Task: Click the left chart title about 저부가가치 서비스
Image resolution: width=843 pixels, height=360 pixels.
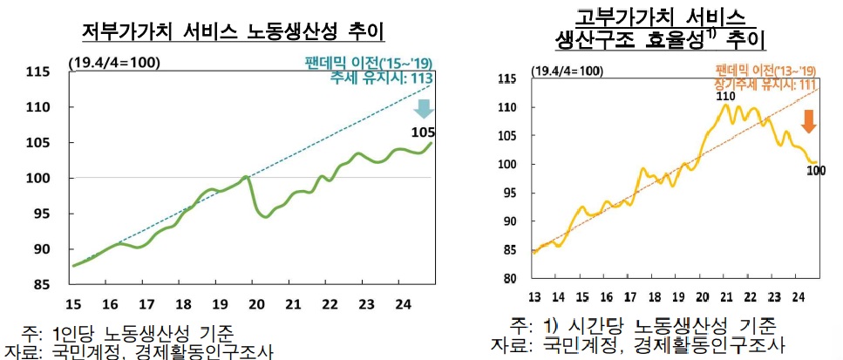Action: [x=234, y=31]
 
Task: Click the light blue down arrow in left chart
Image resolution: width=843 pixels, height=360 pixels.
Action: [x=424, y=109]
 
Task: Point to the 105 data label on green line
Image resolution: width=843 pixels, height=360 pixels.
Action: [x=423, y=132]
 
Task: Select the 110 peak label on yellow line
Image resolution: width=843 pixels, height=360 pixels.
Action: [x=725, y=96]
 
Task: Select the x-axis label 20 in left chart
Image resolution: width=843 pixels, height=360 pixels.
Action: [x=255, y=303]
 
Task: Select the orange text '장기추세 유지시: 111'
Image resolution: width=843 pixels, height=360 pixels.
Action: [x=763, y=83]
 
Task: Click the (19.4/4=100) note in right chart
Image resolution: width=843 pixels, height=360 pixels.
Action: [x=567, y=71]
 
